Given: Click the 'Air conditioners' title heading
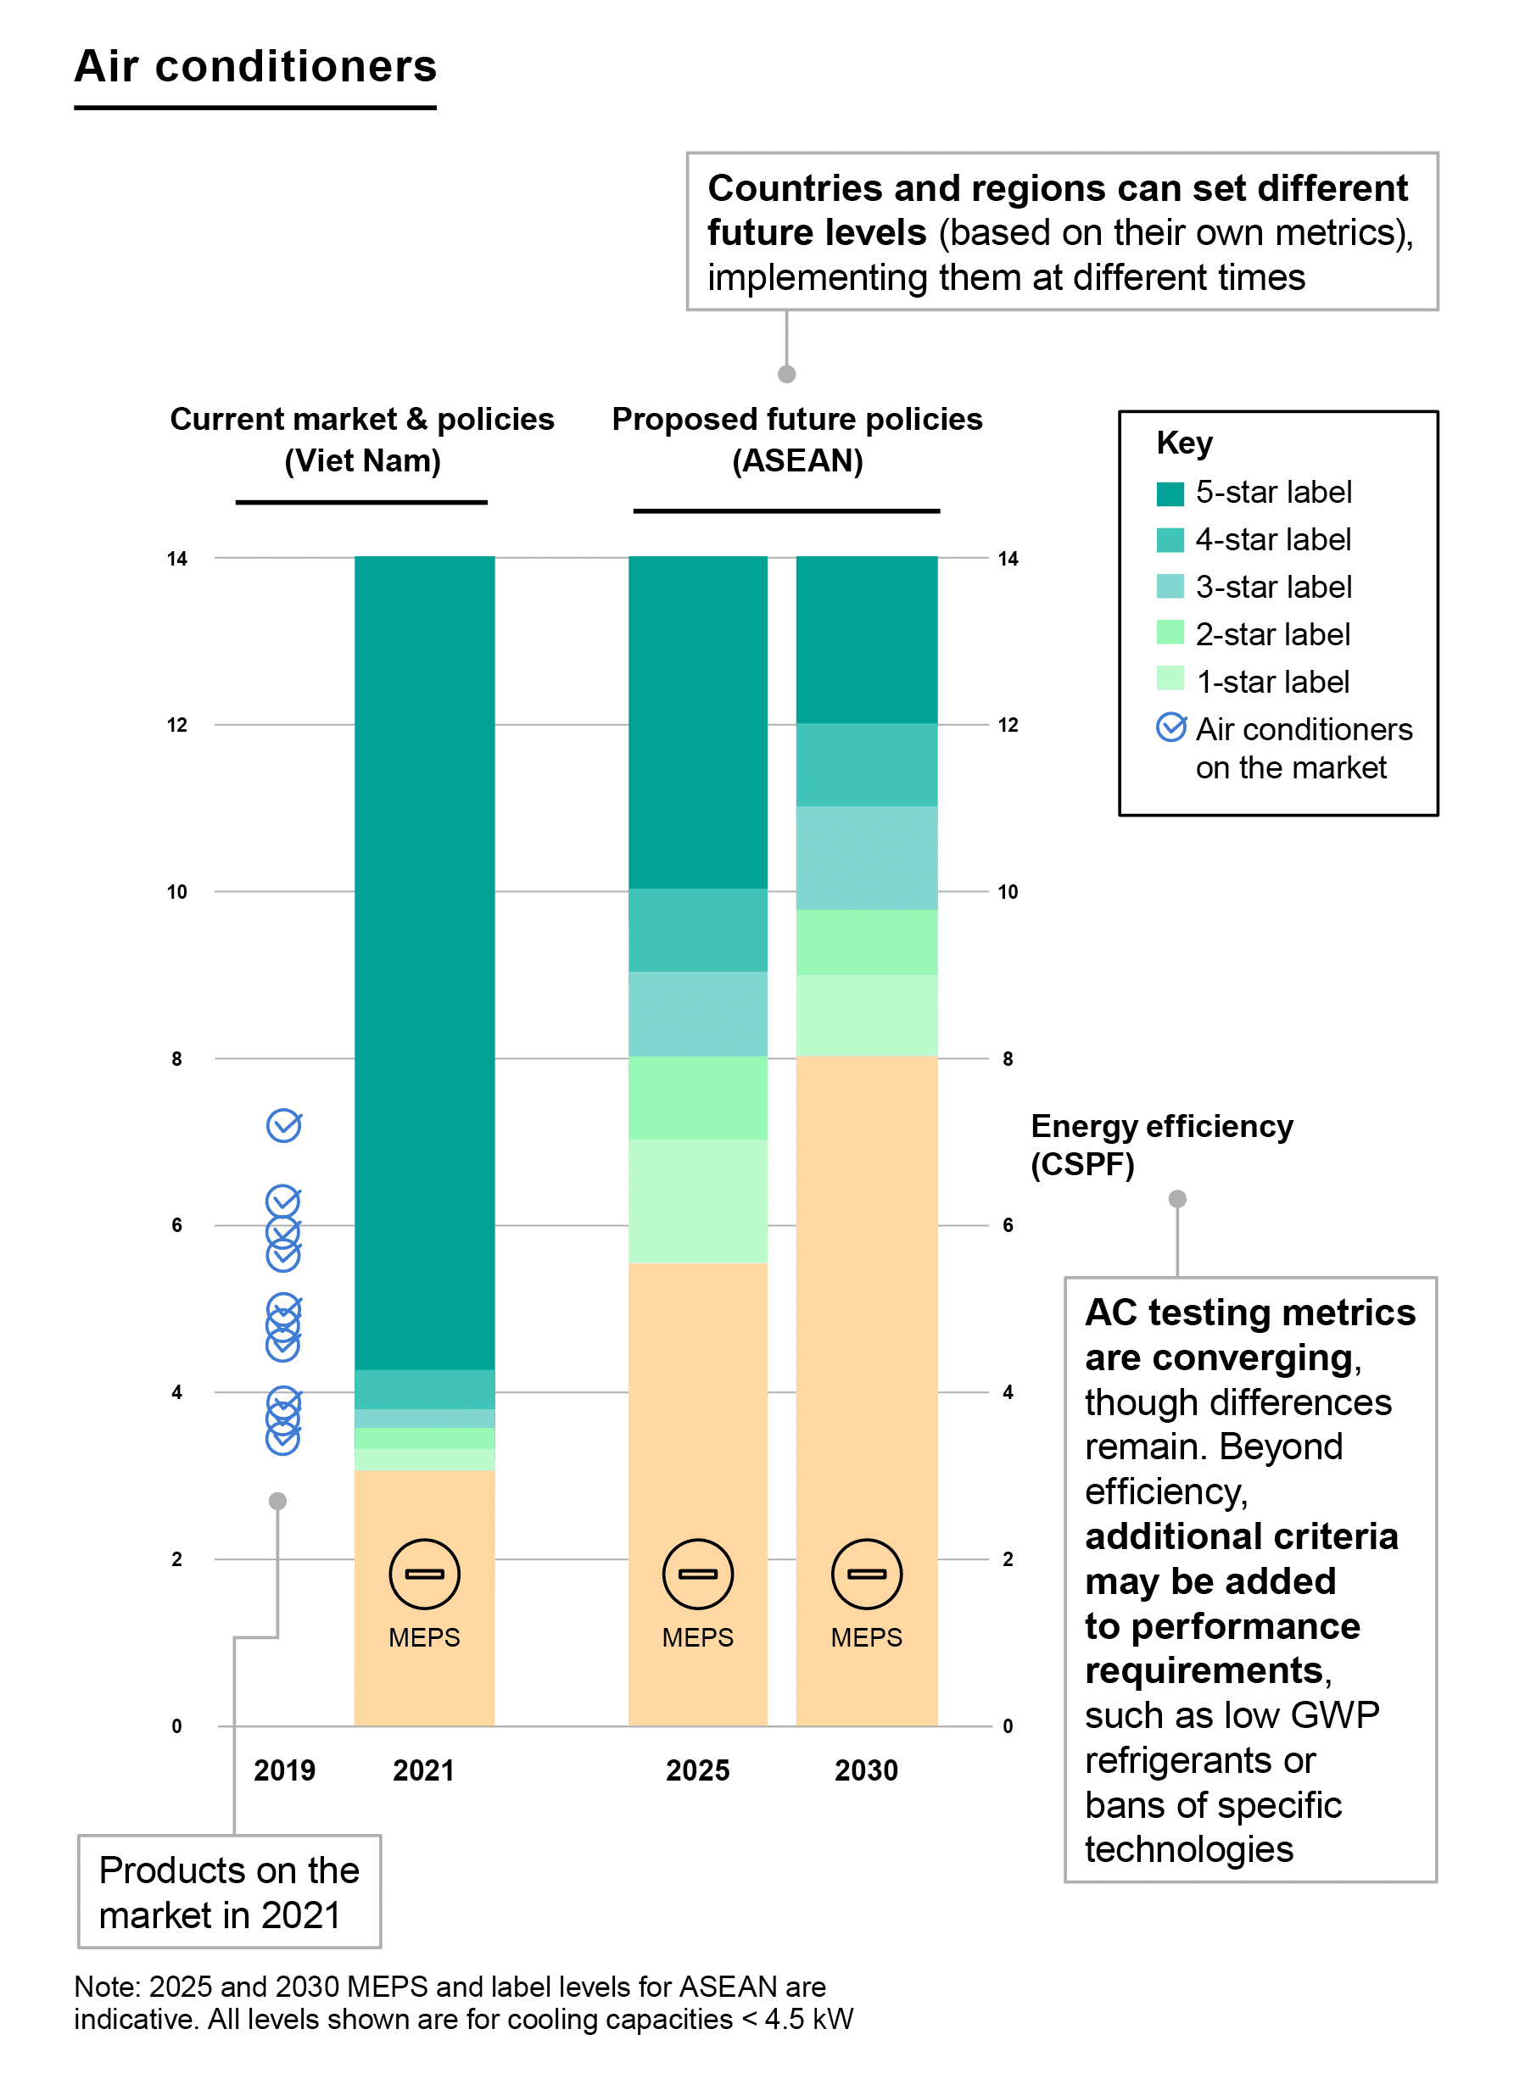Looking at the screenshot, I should click(x=255, y=66).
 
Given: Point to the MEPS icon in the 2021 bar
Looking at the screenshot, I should click(x=424, y=1573).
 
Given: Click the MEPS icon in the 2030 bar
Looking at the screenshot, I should click(x=866, y=1573).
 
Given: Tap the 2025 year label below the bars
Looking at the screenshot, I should click(x=697, y=1769).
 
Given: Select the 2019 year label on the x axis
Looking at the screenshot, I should click(x=284, y=1769).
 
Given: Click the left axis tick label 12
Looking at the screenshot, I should click(x=176, y=725).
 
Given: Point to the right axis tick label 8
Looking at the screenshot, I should click(x=1007, y=1058).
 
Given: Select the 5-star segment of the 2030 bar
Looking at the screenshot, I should click(x=866, y=638).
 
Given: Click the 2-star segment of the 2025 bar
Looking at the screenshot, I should click(x=697, y=1097).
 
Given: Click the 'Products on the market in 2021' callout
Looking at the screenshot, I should click(x=229, y=1891).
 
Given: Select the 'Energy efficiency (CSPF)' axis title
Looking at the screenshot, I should click(x=1160, y=1144).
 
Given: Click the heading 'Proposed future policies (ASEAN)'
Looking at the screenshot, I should click(x=796, y=439).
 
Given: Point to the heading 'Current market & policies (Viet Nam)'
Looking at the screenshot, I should click(x=361, y=439).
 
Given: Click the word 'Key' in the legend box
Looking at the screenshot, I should click(x=1183, y=443).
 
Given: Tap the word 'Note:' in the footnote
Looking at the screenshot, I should click(x=107, y=1986).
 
